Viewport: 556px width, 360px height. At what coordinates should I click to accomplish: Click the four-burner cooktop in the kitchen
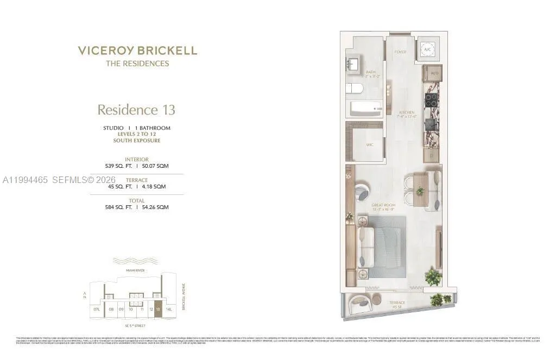point(431,100)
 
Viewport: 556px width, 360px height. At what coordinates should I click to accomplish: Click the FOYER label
point(401,52)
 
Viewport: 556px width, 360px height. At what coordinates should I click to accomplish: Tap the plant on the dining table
point(420,191)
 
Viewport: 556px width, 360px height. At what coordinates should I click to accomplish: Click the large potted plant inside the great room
point(433,276)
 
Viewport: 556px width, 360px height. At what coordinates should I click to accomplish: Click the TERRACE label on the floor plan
point(397,302)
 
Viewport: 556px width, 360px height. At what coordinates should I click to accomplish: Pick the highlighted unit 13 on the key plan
point(158,309)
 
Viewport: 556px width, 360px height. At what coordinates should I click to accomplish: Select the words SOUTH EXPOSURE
point(137,141)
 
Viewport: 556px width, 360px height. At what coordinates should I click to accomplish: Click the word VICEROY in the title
point(104,51)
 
